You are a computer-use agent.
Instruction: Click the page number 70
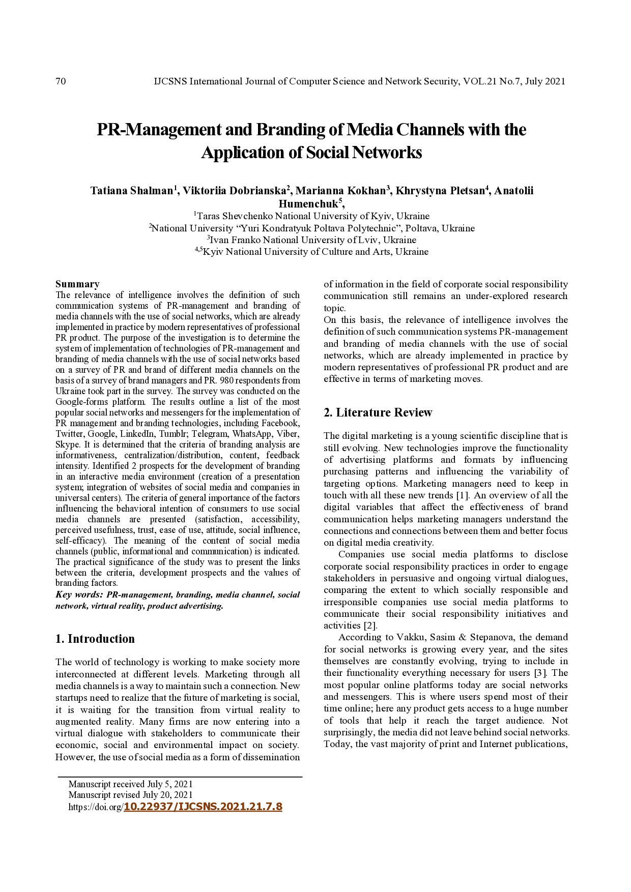[x=61, y=81]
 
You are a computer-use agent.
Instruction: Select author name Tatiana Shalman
[x=131, y=191]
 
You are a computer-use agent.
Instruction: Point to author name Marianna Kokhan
[x=341, y=191]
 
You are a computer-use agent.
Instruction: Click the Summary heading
[x=77, y=284]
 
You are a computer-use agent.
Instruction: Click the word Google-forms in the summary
[x=80, y=402]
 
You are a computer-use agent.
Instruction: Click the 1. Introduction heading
[x=95, y=639]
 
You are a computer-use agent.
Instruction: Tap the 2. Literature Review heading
[x=378, y=412]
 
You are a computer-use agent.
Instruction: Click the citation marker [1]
[x=464, y=495]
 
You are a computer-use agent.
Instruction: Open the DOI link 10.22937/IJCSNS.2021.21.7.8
[x=203, y=807]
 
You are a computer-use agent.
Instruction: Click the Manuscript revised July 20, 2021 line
[x=131, y=795]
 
